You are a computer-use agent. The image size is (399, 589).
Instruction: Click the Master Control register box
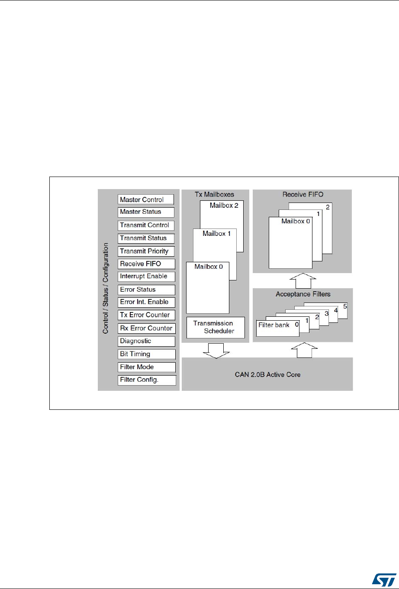[x=146, y=200]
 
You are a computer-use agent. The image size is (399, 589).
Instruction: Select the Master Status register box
[x=146, y=212]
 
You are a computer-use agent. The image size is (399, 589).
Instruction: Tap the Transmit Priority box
[x=146, y=251]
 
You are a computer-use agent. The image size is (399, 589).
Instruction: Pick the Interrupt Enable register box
[x=146, y=276]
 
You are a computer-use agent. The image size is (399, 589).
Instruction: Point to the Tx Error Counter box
[x=146, y=315]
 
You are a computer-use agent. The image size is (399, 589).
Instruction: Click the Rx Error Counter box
[x=146, y=328]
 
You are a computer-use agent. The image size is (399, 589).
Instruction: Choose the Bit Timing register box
[x=146, y=354]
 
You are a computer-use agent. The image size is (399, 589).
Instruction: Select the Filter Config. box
[x=146, y=380]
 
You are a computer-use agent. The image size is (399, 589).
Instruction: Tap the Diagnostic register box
[x=146, y=341]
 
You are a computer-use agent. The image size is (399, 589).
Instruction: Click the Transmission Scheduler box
[x=216, y=327]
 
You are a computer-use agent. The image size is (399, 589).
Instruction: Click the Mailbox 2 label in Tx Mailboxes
[x=224, y=205]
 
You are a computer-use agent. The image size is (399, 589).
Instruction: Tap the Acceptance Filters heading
[x=303, y=294]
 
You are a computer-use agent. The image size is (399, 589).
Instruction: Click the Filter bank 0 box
[x=277, y=327]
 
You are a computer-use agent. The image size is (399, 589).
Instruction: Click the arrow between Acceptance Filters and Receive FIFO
[x=302, y=281]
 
